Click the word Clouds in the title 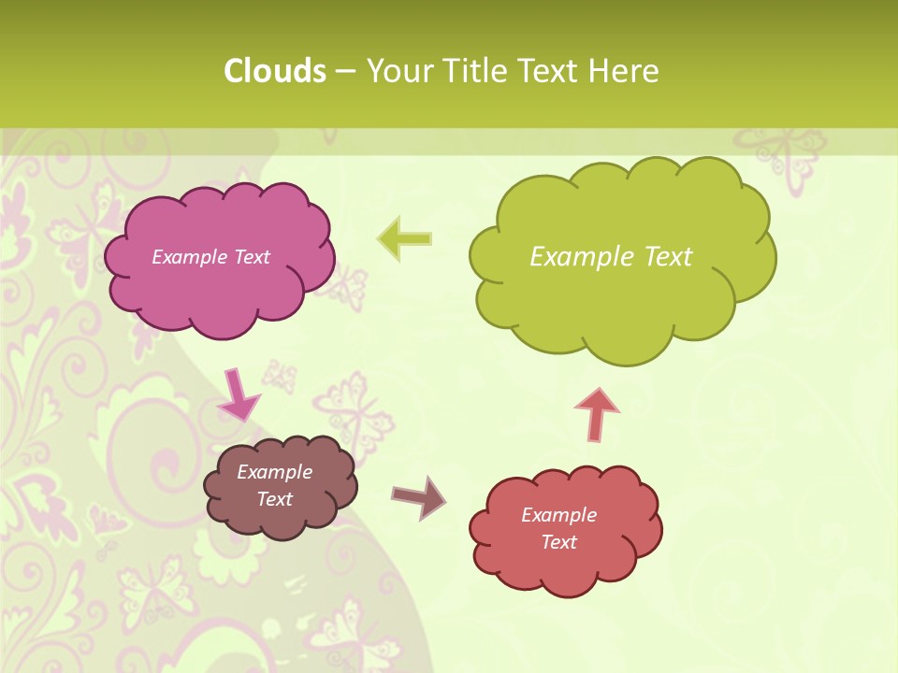point(275,71)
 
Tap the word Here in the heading point(624,71)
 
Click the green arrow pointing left point(405,238)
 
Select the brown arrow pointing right point(418,497)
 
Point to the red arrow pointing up point(597,414)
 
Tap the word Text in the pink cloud point(250,257)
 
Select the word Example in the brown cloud point(274,472)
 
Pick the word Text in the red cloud point(558,542)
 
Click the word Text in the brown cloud point(274,499)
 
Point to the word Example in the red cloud point(558,515)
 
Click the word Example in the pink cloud point(189,257)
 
